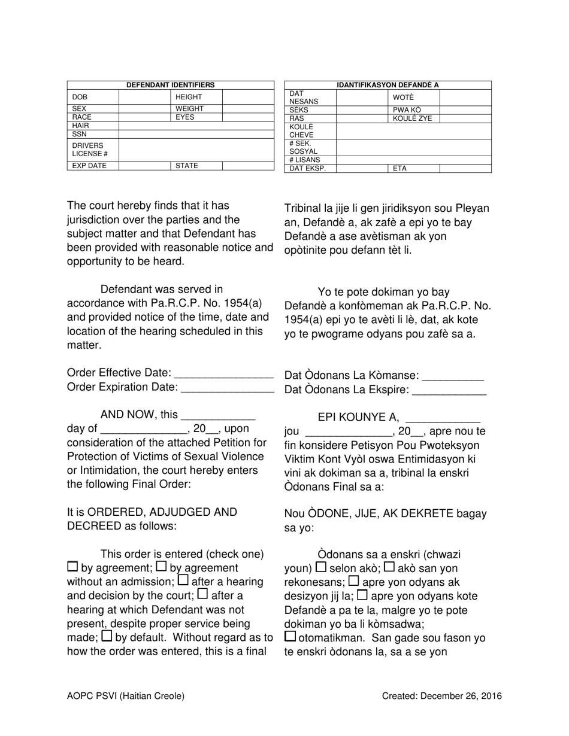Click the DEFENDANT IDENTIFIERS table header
[x=170, y=85]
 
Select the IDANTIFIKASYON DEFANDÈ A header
[x=388, y=85]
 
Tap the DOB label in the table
[x=80, y=97]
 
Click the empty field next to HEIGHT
[x=248, y=97]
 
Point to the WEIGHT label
[x=189, y=109]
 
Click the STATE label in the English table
[x=186, y=166]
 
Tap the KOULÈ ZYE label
[x=412, y=118]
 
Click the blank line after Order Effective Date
[x=223, y=374]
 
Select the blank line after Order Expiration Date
[x=227, y=388]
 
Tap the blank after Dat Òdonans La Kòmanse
[x=453, y=376]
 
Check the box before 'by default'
[x=107, y=636]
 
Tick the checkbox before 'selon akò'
[x=320, y=567]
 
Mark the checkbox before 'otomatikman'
[x=290, y=637]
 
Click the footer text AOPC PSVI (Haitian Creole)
[x=126, y=696]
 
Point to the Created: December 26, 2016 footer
[x=442, y=696]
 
